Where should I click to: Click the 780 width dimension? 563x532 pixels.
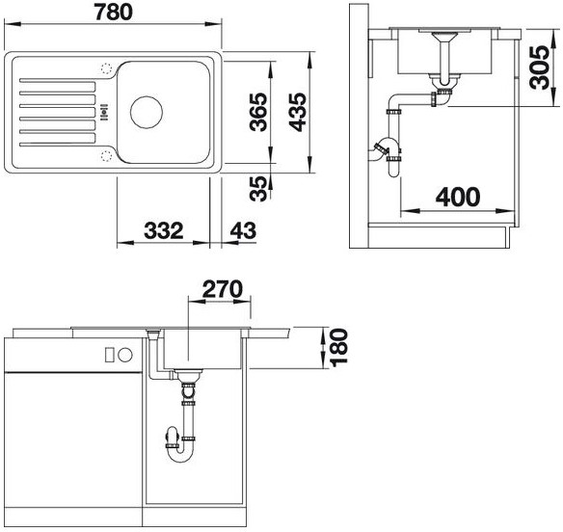[x=114, y=13]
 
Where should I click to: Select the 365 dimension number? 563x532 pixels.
[x=259, y=112]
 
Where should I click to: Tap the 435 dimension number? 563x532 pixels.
[x=298, y=112]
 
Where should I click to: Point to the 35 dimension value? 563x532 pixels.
[x=259, y=189]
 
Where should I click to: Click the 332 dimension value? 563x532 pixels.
[x=163, y=230]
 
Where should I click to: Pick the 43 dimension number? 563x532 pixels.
[x=243, y=230]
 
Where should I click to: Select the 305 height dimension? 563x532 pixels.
[x=540, y=67]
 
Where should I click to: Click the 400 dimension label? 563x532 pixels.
[x=458, y=197]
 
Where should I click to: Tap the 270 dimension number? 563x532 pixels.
[x=223, y=289]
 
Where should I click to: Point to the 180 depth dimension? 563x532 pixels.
[x=339, y=348]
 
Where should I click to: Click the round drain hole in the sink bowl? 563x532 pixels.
[x=147, y=112]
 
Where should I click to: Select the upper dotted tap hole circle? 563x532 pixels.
[x=106, y=68]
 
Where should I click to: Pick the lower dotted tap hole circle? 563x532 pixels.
[x=106, y=156]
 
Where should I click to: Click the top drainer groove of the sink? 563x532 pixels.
[x=58, y=80]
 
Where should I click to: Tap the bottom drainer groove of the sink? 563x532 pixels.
[x=58, y=145]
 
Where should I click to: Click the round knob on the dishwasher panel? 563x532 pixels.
[x=125, y=355]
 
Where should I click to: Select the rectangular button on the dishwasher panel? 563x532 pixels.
[x=110, y=355]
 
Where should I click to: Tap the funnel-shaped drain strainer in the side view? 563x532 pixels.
[x=444, y=37]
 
